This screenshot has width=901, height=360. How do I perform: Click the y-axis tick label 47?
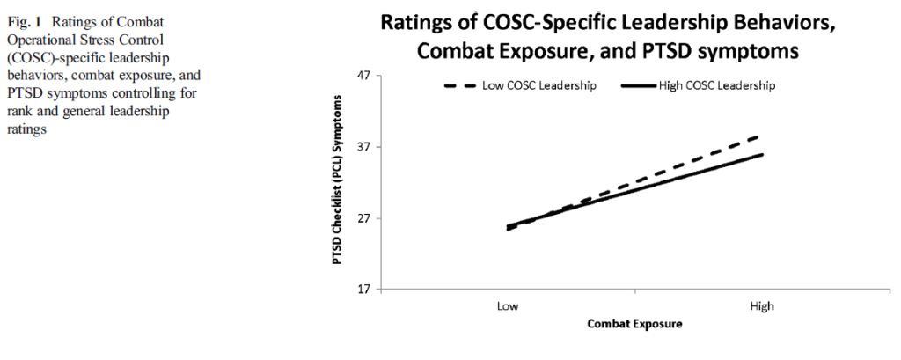363,77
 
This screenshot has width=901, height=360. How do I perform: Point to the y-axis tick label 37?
363,147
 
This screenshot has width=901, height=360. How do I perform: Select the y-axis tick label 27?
363,218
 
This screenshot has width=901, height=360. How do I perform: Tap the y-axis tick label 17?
363,289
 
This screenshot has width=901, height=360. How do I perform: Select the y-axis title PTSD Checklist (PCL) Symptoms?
338,182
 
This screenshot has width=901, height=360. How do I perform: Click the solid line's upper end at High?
762,154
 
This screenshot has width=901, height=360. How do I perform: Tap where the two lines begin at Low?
508,227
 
